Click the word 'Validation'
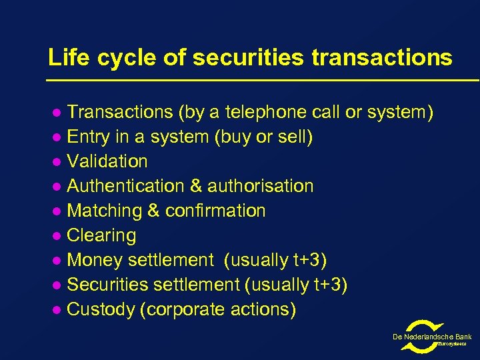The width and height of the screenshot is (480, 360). click(x=107, y=161)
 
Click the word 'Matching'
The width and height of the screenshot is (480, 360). click(x=105, y=211)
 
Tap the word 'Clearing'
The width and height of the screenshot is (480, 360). click(x=102, y=235)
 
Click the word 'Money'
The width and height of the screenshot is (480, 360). click(x=96, y=260)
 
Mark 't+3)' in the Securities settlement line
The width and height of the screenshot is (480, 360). click(x=330, y=285)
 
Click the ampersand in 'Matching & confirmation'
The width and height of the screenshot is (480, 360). click(x=153, y=211)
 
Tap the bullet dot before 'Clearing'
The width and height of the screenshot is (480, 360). click(x=57, y=236)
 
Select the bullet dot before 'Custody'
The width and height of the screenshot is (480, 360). click(x=57, y=310)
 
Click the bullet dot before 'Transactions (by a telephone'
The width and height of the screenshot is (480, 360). click(x=57, y=113)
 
